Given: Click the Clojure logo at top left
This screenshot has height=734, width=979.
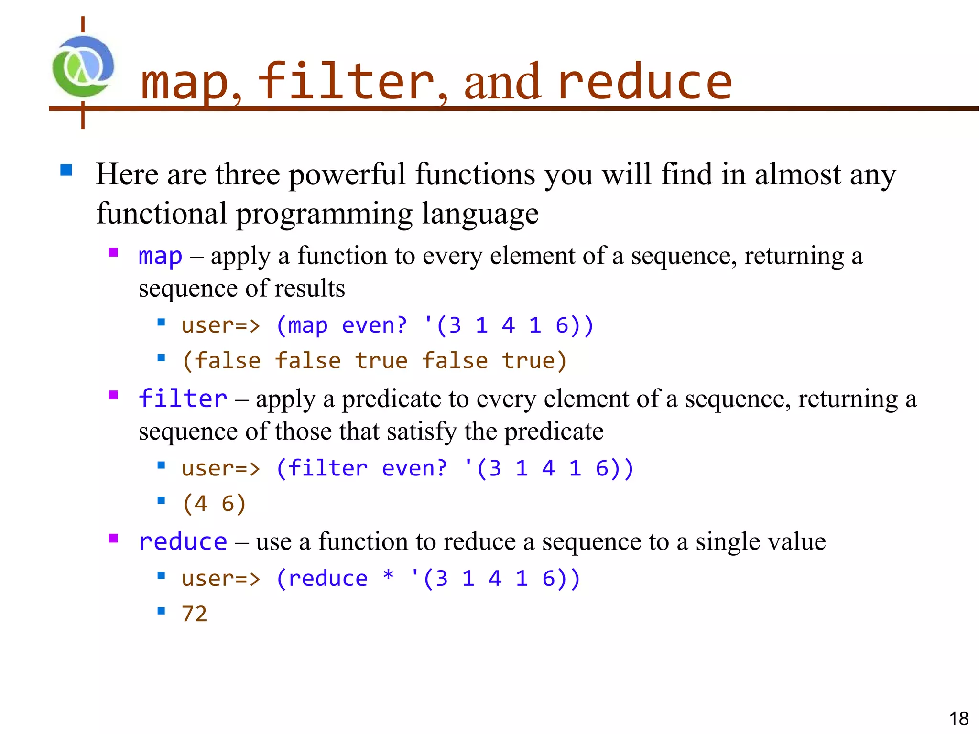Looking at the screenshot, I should [x=83, y=67].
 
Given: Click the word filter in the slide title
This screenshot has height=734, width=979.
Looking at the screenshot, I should [x=346, y=82].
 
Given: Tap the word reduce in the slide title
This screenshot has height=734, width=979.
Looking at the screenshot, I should [x=644, y=82].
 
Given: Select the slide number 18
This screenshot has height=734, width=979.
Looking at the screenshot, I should [x=958, y=719].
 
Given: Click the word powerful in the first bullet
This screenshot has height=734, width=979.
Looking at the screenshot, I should [x=348, y=174].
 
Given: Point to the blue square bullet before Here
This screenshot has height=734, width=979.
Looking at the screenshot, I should [x=66, y=170].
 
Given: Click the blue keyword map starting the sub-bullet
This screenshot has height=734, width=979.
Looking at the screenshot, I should [x=160, y=256].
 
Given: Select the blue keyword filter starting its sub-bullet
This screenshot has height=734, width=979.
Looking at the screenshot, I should [x=183, y=399].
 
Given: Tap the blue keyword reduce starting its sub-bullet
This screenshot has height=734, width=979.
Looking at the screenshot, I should [x=183, y=542].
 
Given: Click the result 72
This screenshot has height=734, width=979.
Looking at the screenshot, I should [x=195, y=614].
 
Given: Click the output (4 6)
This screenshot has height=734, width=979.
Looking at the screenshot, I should [x=214, y=504].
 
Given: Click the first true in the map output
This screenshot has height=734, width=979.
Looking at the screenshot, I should [x=381, y=361].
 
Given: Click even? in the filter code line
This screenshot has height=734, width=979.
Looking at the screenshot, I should [x=414, y=468].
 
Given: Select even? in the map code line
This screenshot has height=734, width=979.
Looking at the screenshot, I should [x=375, y=326].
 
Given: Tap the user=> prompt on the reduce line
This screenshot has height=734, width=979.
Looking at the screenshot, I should [x=221, y=579].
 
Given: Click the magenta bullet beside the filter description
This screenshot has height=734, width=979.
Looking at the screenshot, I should [x=113, y=395].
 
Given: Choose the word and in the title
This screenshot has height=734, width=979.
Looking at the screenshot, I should [x=502, y=82].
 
